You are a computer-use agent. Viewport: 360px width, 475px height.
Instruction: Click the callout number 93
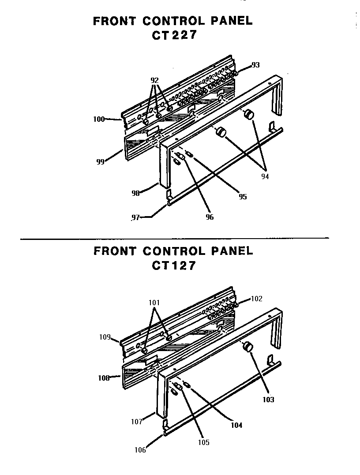[255, 65]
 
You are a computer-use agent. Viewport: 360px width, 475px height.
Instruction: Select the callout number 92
[154, 81]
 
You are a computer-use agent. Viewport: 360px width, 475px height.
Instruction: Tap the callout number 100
[99, 119]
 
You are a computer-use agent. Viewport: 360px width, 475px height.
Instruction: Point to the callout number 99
[100, 162]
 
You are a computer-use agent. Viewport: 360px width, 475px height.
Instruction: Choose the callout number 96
[210, 217]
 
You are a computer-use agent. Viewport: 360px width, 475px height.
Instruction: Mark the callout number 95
[243, 197]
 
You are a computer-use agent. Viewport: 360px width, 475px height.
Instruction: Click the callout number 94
[265, 176]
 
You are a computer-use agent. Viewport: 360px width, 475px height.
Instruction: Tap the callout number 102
[256, 299]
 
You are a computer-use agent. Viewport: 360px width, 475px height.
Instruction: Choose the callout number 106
[140, 450]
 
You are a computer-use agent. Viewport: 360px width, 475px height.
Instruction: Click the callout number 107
[137, 422]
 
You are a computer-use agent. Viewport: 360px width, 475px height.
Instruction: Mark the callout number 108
[104, 378]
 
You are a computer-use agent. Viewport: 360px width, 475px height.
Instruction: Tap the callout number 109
[105, 337]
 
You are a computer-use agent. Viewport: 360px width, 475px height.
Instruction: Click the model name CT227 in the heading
[174, 36]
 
